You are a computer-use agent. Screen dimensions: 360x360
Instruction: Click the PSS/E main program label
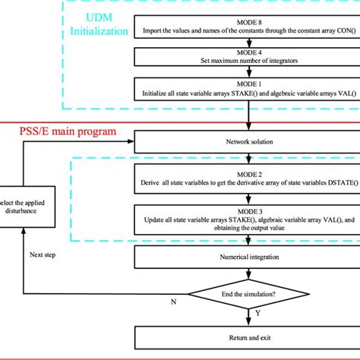[x=67, y=131]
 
